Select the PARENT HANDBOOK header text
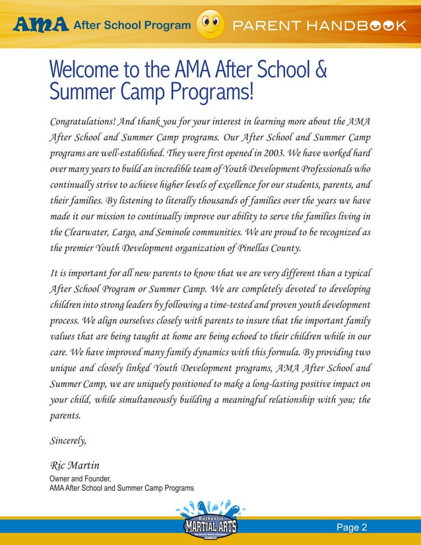pos(317,26)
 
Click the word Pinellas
pos(237,249)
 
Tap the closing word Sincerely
pos(68,439)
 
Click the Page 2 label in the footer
pos(352,527)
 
